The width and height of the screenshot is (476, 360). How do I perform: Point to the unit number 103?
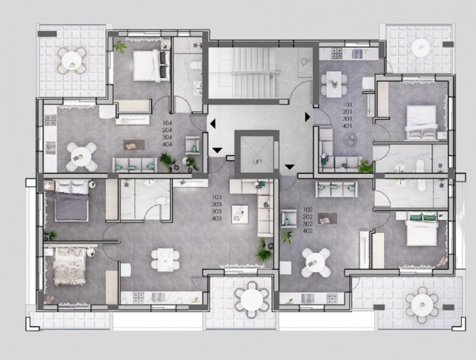(x=216, y=196)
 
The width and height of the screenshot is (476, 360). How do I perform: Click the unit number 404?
(x=167, y=144)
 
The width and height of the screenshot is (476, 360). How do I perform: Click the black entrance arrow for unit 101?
(x=308, y=117)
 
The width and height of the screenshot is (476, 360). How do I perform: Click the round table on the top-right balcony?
(x=421, y=47)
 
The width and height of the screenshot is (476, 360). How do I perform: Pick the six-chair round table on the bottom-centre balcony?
(x=250, y=297)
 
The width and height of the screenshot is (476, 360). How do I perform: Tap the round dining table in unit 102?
(x=316, y=261)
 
